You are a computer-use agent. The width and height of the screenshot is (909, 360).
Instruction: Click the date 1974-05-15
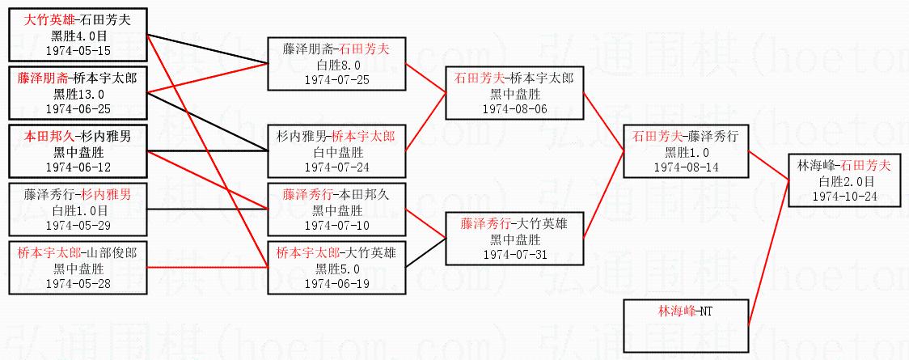(x=78, y=51)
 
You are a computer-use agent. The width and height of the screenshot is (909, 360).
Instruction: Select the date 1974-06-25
(x=78, y=108)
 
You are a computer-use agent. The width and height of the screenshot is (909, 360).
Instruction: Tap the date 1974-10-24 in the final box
(x=844, y=197)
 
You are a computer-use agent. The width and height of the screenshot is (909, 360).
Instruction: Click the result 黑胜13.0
(x=78, y=94)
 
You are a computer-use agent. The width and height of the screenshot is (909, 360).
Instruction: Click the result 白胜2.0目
(x=844, y=181)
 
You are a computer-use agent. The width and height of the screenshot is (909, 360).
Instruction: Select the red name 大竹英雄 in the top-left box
(x=47, y=21)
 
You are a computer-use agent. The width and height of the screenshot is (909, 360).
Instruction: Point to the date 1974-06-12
(x=78, y=166)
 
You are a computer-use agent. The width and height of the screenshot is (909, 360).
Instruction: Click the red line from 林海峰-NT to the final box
(x=768, y=251)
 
